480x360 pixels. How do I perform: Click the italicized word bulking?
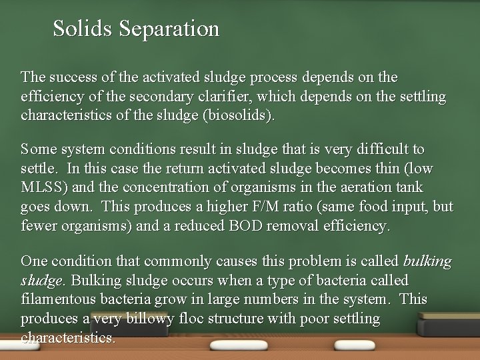tap(428, 261)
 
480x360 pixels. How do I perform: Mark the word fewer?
tap(38, 226)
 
